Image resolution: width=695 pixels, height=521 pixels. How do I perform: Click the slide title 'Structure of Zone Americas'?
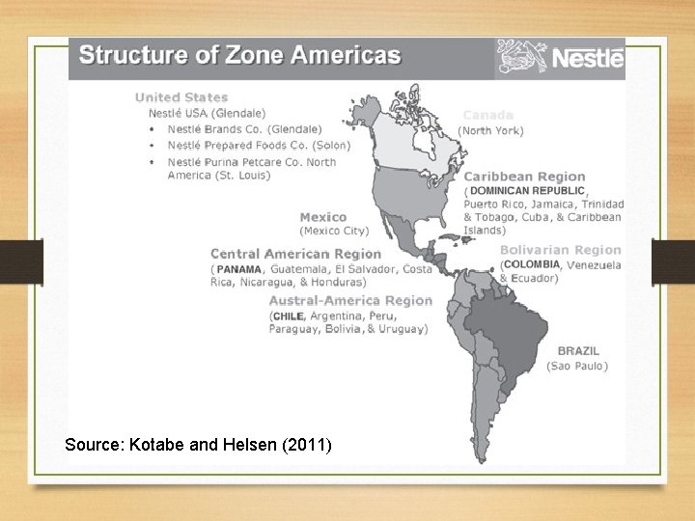pos(239,54)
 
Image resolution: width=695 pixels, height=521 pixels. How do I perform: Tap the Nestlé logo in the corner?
pos(561,58)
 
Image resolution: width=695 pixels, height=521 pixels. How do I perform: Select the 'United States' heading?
pos(181,96)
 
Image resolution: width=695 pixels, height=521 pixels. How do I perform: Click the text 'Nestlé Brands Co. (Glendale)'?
pos(244,128)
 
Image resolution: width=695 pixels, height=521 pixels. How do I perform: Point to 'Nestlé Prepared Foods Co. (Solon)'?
pos(259,145)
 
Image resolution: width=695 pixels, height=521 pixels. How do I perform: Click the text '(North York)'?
pos(491,130)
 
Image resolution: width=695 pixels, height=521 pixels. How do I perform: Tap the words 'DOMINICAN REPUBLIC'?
pos(527,191)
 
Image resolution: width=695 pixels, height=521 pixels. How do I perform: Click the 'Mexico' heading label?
pos(322,217)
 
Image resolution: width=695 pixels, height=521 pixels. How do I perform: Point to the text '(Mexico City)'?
pos(334,231)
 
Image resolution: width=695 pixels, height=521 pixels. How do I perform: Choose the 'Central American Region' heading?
pos(295,254)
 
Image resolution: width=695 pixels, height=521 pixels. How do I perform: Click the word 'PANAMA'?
pos(238,269)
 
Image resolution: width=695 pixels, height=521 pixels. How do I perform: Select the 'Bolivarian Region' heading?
pos(560,250)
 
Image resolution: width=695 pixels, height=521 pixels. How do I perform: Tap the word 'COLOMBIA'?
pos(532,264)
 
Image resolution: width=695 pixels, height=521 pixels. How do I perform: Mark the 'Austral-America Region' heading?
pos(349,300)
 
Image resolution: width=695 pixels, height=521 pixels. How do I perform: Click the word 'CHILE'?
pos(288,315)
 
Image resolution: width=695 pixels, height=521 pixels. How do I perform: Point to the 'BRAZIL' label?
pos(578,351)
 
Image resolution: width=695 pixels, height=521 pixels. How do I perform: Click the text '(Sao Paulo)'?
pos(576,366)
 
